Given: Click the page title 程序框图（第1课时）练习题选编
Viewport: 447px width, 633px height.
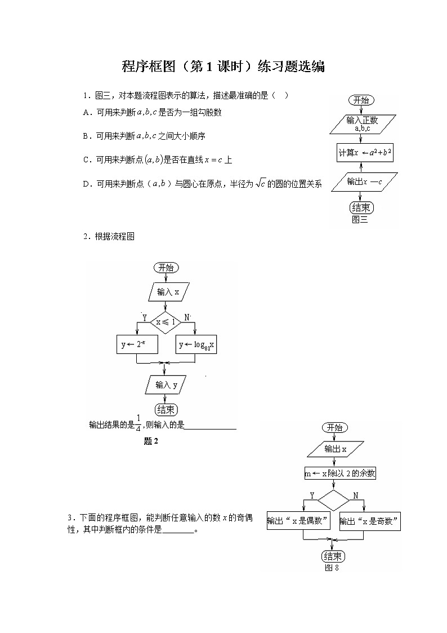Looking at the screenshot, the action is click(x=223, y=67).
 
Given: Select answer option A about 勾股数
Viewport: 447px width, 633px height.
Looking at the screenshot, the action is click(x=152, y=112).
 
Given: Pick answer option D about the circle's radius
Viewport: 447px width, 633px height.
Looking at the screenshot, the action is click(x=202, y=184).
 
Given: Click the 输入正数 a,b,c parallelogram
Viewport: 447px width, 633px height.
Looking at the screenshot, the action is click(x=362, y=124).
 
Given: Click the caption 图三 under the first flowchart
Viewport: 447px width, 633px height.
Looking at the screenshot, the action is click(x=359, y=220).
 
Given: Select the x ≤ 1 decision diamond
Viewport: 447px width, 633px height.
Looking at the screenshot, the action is click(x=166, y=322).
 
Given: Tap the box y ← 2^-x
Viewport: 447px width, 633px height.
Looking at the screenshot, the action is click(x=137, y=344).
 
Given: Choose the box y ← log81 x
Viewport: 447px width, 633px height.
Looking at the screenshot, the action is click(x=196, y=344).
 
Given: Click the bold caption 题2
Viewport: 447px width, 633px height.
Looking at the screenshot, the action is click(x=151, y=441).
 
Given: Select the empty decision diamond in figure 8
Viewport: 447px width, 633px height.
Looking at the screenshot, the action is click(x=334, y=500).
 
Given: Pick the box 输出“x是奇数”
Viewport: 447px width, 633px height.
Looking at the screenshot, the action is click(x=370, y=521).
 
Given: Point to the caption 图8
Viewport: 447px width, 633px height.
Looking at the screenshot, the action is click(x=332, y=568).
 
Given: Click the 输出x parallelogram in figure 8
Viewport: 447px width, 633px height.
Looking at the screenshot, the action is click(x=335, y=449).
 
